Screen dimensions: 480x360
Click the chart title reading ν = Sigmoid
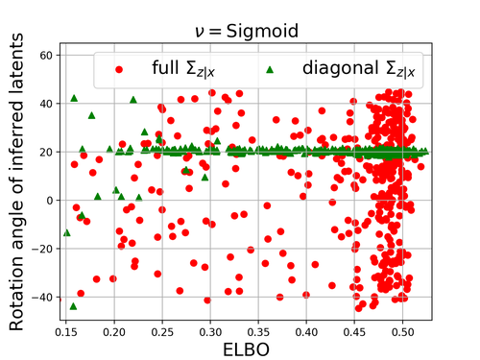pyautogui.click(x=247, y=32)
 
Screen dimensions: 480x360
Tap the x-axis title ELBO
pyautogui.click(x=246, y=349)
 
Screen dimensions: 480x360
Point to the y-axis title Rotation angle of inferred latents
pyautogui.click(x=16, y=181)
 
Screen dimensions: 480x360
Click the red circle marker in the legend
pyautogui.click(x=119, y=69)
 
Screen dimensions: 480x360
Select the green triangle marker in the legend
pyautogui.click(x=270, y=69)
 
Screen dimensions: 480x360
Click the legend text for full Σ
pyautogui.click(x=183, y=69)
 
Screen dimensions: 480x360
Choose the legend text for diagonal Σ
pyautogui.click(x=359, y=69)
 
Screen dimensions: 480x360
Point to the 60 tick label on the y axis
pyautogui.click(x=46, y=56)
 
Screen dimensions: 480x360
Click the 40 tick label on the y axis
pyautogui.click(x=46, y=104)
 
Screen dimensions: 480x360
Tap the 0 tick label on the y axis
pyautogui.click(x=50, y=201)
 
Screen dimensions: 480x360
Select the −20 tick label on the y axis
pyautogui.click(x=42, y=249)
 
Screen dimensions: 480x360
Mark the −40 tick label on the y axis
pyautogui.click(x=42, y=298)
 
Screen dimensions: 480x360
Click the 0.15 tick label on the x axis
pyautogui.click(x=66, y=332)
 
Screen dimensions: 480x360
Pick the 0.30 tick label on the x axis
pyautogui.click(x=210, y=332)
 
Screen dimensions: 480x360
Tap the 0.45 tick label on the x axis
pyautogui.click(x=354, y=332)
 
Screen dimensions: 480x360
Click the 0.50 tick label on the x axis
pyautogui.click(x=403, y=332)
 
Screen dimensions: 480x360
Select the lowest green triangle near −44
pyautogui.click(x=73, y=306)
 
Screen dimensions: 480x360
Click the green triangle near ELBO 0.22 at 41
pyautogui.click(x=133, y=100)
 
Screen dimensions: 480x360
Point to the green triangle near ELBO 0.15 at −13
pyautogui.click(x=67, y=232)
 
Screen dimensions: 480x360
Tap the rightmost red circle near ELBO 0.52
pyautogui.click(x=420, y=166)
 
